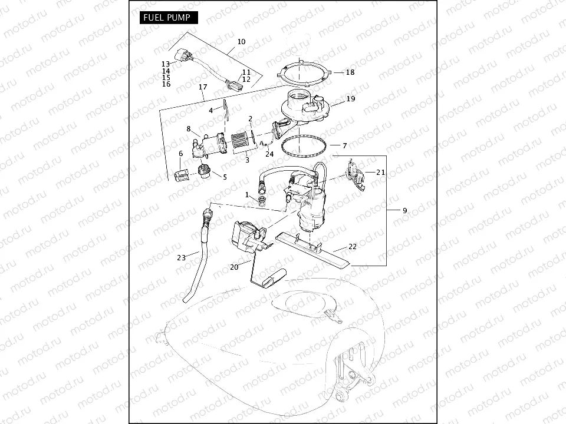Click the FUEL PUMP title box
[x=168, y=18]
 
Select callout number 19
[x=351, y=99]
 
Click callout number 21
[x=380, y=172]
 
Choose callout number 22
[x=353, y=247]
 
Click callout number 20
[x=234, y=267]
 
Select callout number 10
[x=241, y=42]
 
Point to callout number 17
[x=203, y=87]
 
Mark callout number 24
[x=269, y=154]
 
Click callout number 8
[x=189, y=128]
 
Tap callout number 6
[x=180, y=154]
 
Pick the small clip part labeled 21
[x=356, y=174]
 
